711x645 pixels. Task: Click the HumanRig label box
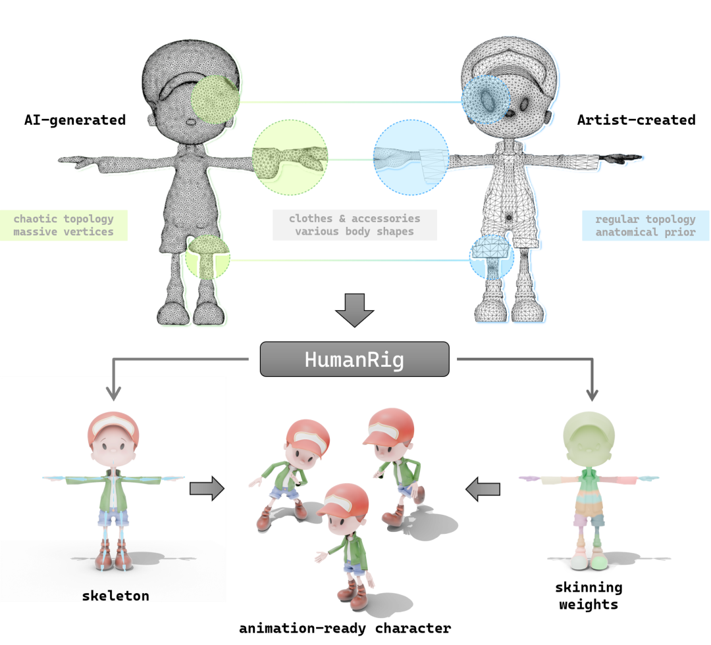pyautogui.click(x=354, y=359)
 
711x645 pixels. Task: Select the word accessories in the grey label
pyautogui.click(x=386, y=218)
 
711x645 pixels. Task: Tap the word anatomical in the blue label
pyautogui.click(x=621, y=232)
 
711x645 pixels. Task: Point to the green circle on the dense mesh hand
pyautogui.click(x=290, y=157)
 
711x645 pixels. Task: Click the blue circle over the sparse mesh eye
pyautogui.click(x=486, y=99)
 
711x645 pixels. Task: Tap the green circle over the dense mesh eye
pyautogui.click(x=213, y=99)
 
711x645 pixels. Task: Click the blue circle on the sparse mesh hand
pyautogui.click(x=411, y=158)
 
